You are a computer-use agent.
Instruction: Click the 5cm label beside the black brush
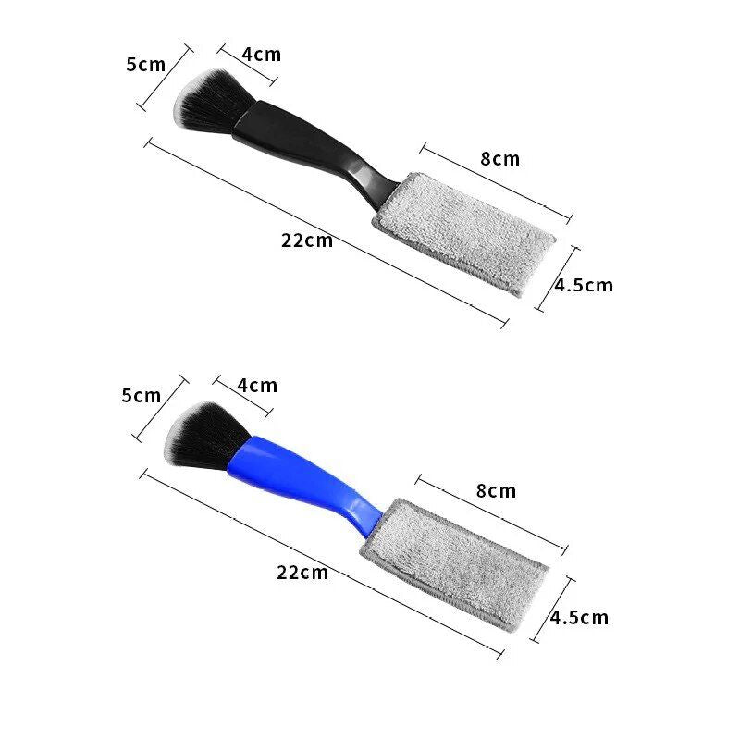click(x=145, y=64)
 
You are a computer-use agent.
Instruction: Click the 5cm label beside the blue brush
click(x=141, y=396)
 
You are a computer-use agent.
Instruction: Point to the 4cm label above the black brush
click(x=261, y=55)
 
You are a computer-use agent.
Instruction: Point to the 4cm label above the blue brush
click(x=256, y=386)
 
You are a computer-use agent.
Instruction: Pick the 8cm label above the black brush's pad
click(x=499, y=159)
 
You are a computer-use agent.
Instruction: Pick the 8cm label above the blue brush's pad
click(x=496, y=490)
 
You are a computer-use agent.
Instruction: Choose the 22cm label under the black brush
click(x=307, y=240)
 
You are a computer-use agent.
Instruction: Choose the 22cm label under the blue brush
click(x=302, y=572)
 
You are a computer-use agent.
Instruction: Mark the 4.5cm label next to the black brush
click(x=584, y=285)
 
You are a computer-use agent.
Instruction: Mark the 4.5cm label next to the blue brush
click(x=580, y=617)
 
